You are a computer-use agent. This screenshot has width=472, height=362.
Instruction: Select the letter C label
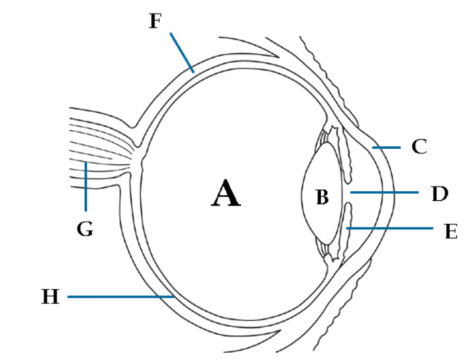click(x=419, y=147)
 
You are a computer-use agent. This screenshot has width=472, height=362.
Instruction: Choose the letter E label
click(x=450, y=230)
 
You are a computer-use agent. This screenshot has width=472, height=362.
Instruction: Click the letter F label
click(x=155, y=21)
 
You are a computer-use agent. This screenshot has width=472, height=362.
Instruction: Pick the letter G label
click(x=85, y=229)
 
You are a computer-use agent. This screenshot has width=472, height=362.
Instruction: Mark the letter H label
click(x=50, y=297)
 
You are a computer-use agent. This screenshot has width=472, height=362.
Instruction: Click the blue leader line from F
click(x=182, y=51)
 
